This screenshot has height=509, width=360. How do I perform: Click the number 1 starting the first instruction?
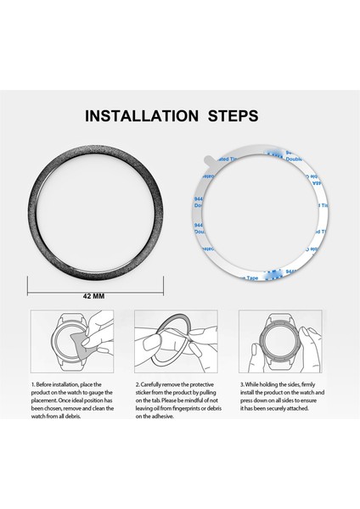coord(33,385)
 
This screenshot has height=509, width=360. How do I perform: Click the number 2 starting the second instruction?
coord(138,385)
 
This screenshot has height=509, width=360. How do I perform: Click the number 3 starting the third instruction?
coord(241,385)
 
